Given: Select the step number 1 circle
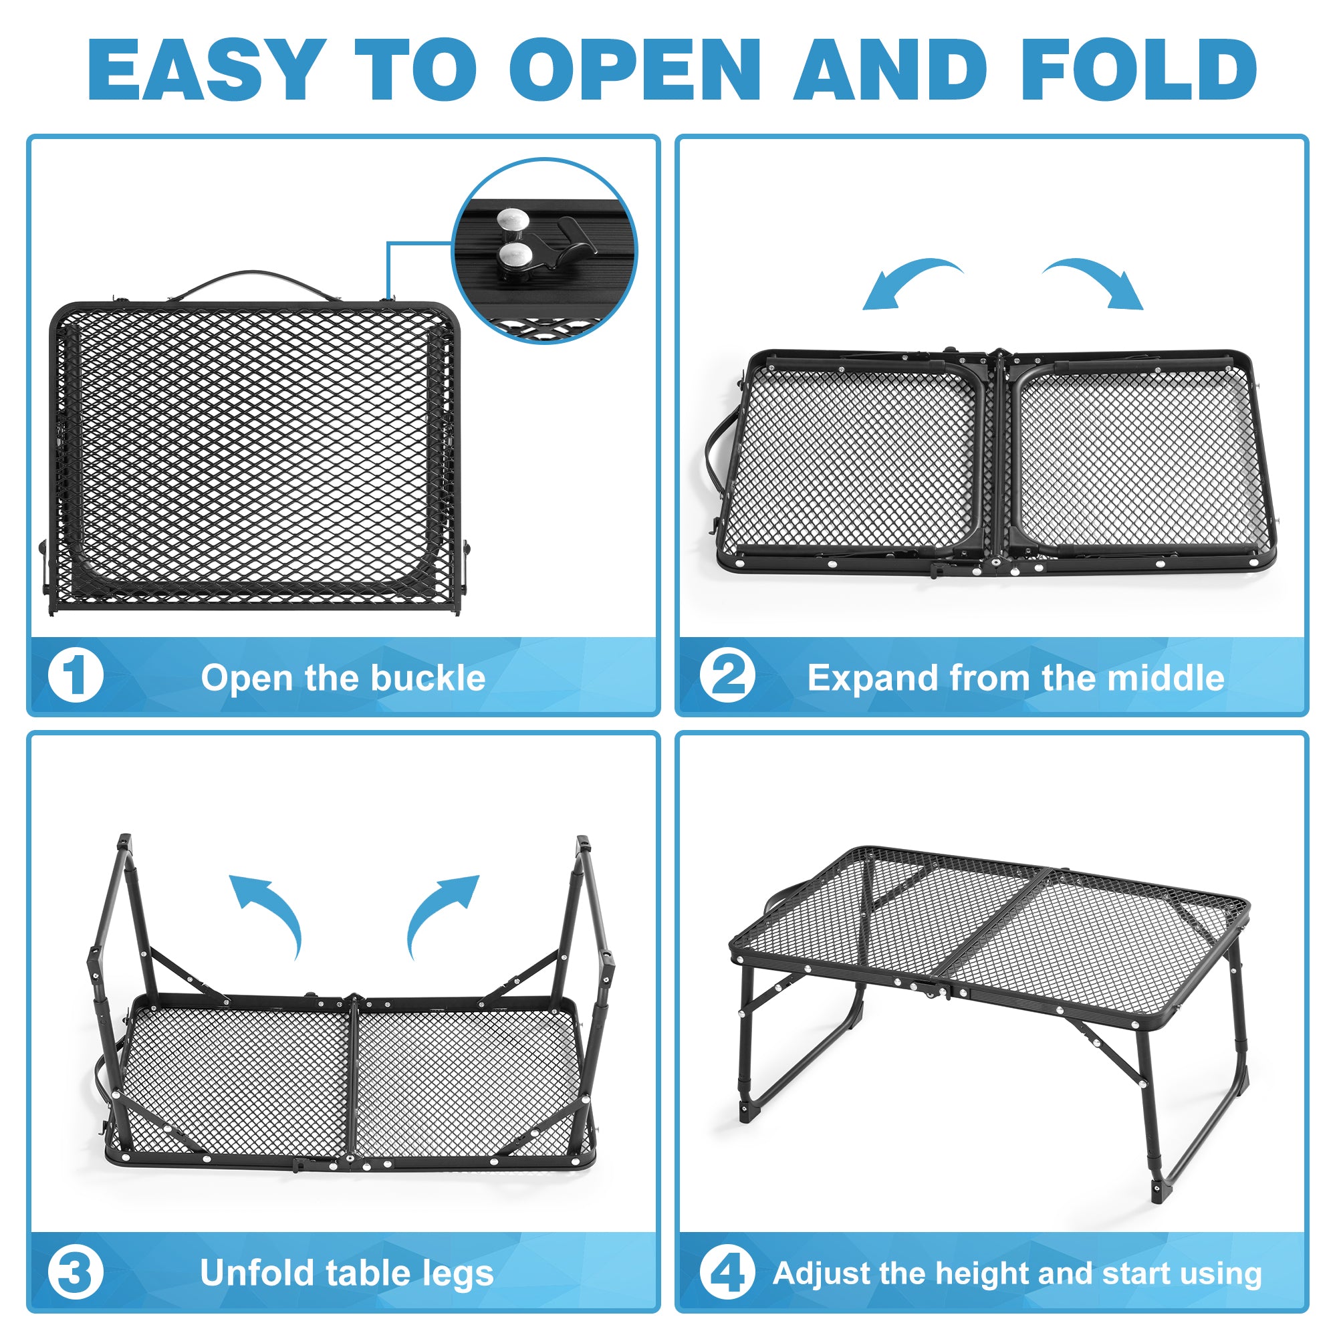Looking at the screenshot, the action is [76, 675].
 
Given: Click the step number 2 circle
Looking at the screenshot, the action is [727, 675].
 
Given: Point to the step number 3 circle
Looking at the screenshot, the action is [76, 1273].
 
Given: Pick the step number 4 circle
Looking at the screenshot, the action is [727, 1273].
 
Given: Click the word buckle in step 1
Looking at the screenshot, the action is [429, 677].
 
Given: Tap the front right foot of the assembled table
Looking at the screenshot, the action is [1157, 1193].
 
